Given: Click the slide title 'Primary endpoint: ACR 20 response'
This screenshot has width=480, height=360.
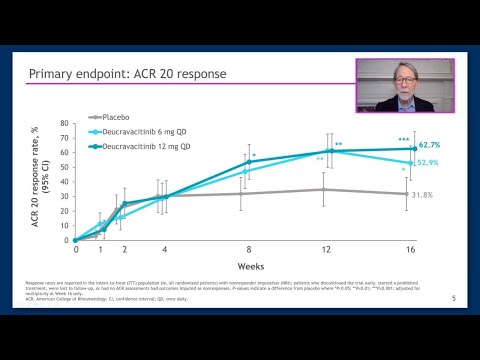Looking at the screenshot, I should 126,74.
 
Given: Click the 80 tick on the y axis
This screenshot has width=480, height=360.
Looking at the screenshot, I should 64,124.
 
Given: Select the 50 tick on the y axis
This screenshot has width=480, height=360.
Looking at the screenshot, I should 64,168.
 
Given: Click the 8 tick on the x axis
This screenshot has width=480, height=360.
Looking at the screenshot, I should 249,250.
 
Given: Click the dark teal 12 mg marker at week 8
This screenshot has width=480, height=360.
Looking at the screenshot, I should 249,162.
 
